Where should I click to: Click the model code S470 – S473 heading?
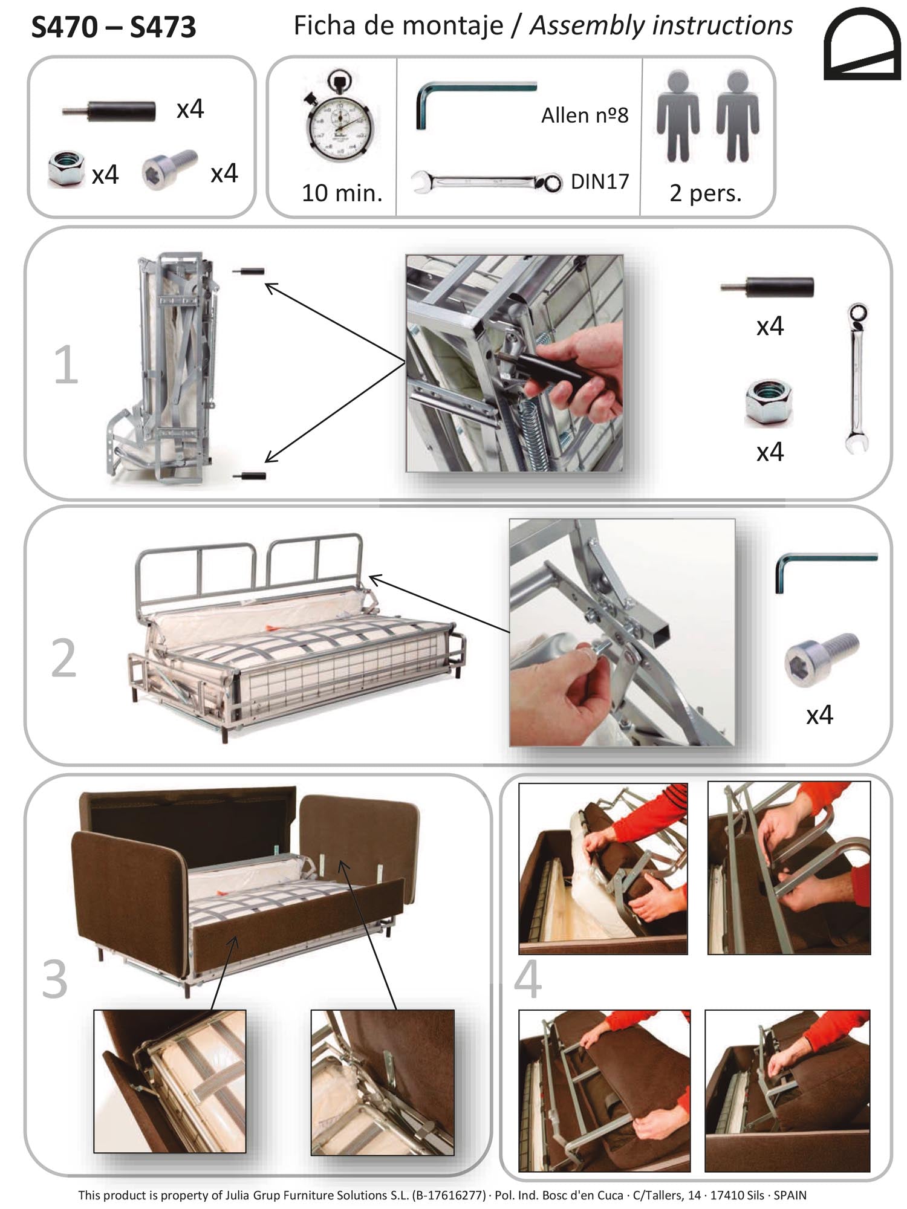pyautogui.click(x=114, y=27)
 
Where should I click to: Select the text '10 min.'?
pyautogui.click(x=342, y=193)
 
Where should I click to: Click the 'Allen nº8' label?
pyautogui.click(x=584, y=115)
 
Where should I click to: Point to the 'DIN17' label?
pyautogui.click(x=600, y=181)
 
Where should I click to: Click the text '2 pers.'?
pyautogui.click(x=705, y=193)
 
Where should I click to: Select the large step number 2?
pyautogui.click(x=64, y=658)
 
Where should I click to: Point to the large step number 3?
pyautogui.click(x=55, y=979)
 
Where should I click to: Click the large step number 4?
pyautogui.click(x=528, y=979)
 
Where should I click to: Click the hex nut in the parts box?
pyautogui.click(x=66, y=170)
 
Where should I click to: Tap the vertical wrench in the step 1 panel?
pyautogui.click(x=857, y=378)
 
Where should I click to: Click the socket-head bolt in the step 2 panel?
pyautogui.click(x=821, y=658)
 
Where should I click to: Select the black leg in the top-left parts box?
pyautogui.click(x=109, y=111)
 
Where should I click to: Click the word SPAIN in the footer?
pyautogui.click(x=790, y=1195)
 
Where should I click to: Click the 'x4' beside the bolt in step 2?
pyautogui.click(x=819, y=715)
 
